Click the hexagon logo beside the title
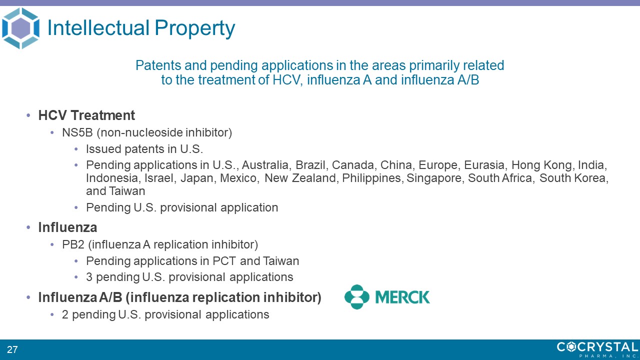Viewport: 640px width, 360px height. click(x=20, y=28)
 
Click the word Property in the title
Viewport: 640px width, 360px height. click(x=194, y=29)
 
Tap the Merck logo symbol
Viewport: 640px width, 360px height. click(x=357, y=297)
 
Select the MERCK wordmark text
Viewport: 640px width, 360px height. click(x=402, y=297)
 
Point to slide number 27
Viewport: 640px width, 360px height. click(x=12, y=349)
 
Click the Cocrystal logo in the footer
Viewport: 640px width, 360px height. click(x=597, y=349)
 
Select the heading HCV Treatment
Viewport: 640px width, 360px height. click(x=86, y=115)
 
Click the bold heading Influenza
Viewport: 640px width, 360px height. click(x=67, y=227)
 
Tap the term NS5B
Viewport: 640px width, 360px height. click(x=77, y=132)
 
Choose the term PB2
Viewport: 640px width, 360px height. click(x=73, y=244)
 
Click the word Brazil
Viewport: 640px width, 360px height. click(x=310, y=165)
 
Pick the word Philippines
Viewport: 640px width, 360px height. click(x=372, y=178)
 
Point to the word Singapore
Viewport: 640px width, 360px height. click(x=434, y=178)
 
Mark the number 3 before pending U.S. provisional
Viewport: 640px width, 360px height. click(x=89, y=277)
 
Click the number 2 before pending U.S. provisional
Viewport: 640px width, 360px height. click(x=65, y=314)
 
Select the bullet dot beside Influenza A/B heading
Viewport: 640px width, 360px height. click(x=28, y=297)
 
